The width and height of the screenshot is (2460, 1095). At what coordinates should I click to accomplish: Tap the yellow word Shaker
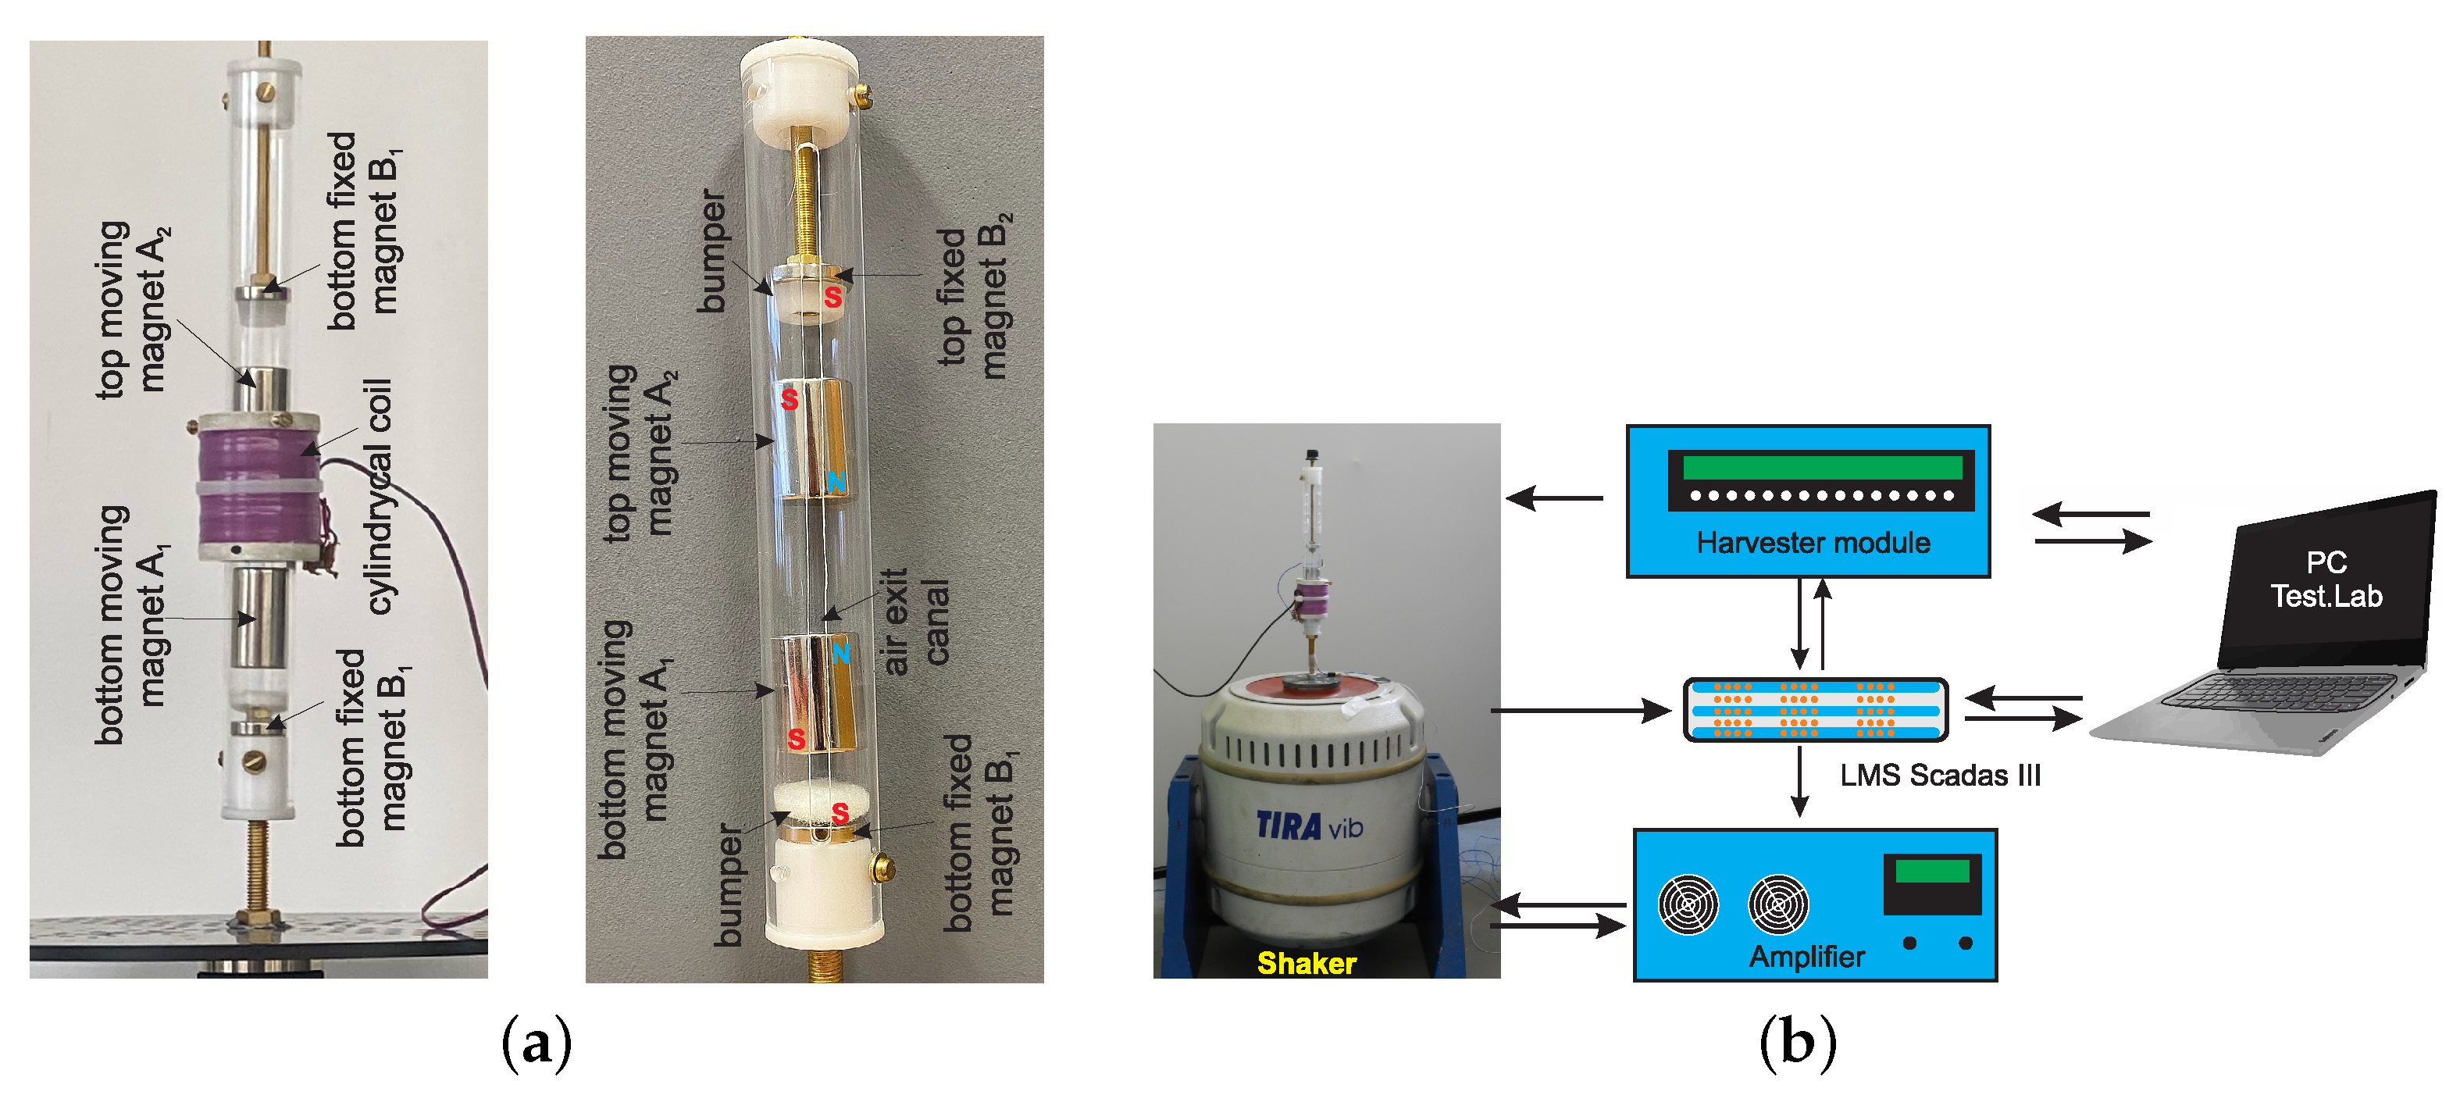pos(1306,962)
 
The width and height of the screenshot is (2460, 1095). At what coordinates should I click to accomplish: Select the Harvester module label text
pos(1813,543)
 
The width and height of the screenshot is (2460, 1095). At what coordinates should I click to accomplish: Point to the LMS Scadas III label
pos(1940,776)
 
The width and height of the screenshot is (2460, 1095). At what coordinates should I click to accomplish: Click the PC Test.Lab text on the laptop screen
pos(2326,580)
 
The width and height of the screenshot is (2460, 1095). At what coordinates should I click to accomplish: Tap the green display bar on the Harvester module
pos(1821,467)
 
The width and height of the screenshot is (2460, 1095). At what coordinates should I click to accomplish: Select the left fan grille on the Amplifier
pos(1688,904)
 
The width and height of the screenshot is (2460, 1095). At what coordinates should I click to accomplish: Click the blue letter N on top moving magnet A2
pos(836,482)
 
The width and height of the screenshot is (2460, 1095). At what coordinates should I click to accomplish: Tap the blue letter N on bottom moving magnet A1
pos(840,654)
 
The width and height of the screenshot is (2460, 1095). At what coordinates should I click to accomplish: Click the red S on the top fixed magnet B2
pos(832,298)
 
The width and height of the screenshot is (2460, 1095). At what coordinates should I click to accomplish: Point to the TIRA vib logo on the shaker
pos(1308,825)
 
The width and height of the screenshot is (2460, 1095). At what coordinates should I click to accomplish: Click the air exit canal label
pos(914,622)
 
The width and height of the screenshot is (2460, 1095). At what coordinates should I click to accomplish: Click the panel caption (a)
pos(537,1042)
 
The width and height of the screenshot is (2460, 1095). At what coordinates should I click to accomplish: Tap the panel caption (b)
pos(1797,1042)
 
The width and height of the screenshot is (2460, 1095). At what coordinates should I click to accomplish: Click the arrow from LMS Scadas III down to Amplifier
pos(1799,781)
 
